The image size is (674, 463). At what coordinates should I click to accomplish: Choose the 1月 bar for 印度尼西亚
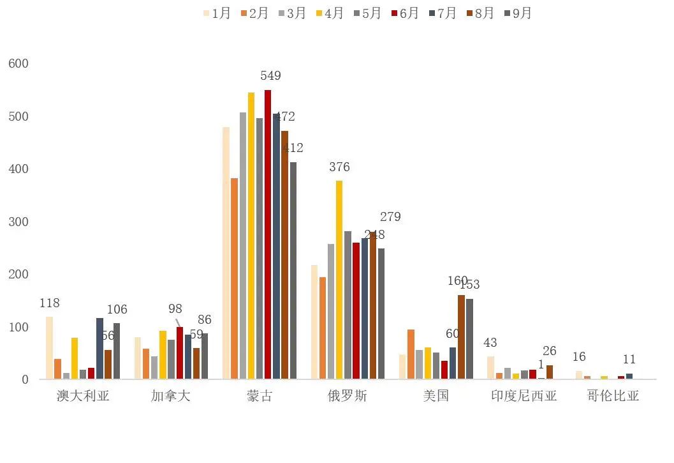click(x=490, y=367)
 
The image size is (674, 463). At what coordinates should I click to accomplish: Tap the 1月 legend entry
click(x=216, y=13)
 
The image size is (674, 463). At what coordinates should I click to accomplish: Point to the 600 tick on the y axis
click(x=18, y=64)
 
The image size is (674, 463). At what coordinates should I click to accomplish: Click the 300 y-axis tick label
click(x=18, y=222)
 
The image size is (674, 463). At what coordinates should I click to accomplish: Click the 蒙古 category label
click(x=260, y=396)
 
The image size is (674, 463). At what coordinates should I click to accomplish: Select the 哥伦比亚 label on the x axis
click(x=613, y=396)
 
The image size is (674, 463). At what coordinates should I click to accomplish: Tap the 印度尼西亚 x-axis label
click(x=524, y=396)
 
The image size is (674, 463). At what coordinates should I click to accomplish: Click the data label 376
click(x=339, y=167)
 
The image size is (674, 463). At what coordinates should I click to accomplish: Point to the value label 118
click(x=49, y=303)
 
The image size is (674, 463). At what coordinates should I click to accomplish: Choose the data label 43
click(x=490, y=343)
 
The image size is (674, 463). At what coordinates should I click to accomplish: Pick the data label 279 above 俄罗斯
click(x=390, y=217)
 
